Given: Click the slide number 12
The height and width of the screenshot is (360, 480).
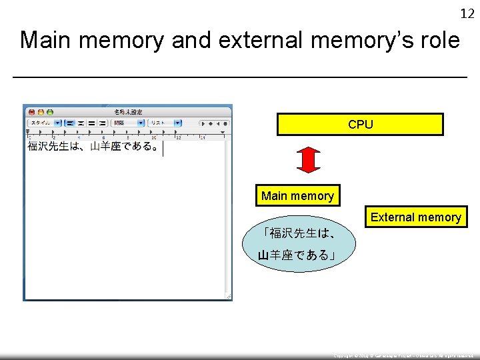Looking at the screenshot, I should pyautogui.click(x=467, y=13).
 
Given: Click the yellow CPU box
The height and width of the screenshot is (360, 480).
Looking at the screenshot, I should pyautogui.click(x=360, y=125).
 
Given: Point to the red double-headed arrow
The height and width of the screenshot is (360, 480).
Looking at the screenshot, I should pyautogui.click(x=308, y=160).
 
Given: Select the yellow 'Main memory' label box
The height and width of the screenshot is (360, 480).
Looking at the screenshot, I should pyautogui.click(x=297, y=196).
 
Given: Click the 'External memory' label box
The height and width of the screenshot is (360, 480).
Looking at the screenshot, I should pyautogui.click(x=415, y=217).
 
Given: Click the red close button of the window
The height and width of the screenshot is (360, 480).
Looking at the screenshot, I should pyautogui.click(x=31, y=112).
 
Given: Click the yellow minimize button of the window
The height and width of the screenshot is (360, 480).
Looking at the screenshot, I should pyautogui.click(x=40, y=112).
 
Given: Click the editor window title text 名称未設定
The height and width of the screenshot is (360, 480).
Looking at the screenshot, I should pyautogui.click(x=128, y=112).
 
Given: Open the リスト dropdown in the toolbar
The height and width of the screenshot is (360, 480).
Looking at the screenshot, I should pyautogui.click(x=164, y=123).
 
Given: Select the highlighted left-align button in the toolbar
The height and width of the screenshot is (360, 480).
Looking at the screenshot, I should pyautogui.click(x=69, y=123).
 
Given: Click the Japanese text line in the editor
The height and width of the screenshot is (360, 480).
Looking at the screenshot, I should pyautogui.click(x=93, y=147).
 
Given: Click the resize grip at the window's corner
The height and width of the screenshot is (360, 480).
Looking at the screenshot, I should pyautogui.click(x=228, y=296).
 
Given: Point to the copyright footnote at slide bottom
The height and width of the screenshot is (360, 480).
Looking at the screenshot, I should pyautogui.click(x=404, y=356).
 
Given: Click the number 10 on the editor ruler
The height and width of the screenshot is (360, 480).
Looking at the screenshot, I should pyautogui.click(x=153, y=137).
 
